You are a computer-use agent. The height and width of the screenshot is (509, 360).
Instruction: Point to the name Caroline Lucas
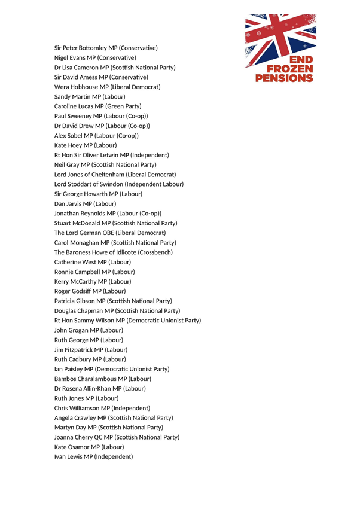[x=74, y=106]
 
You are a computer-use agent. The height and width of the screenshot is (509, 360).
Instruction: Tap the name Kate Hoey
[x=68, y=145]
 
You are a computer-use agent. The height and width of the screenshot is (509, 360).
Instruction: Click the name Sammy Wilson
[x=98, y=320]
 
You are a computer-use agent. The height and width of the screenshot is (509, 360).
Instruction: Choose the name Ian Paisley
[x=68, y=369]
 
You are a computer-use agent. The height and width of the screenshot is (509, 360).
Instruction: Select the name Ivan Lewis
[x=68, y=456]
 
